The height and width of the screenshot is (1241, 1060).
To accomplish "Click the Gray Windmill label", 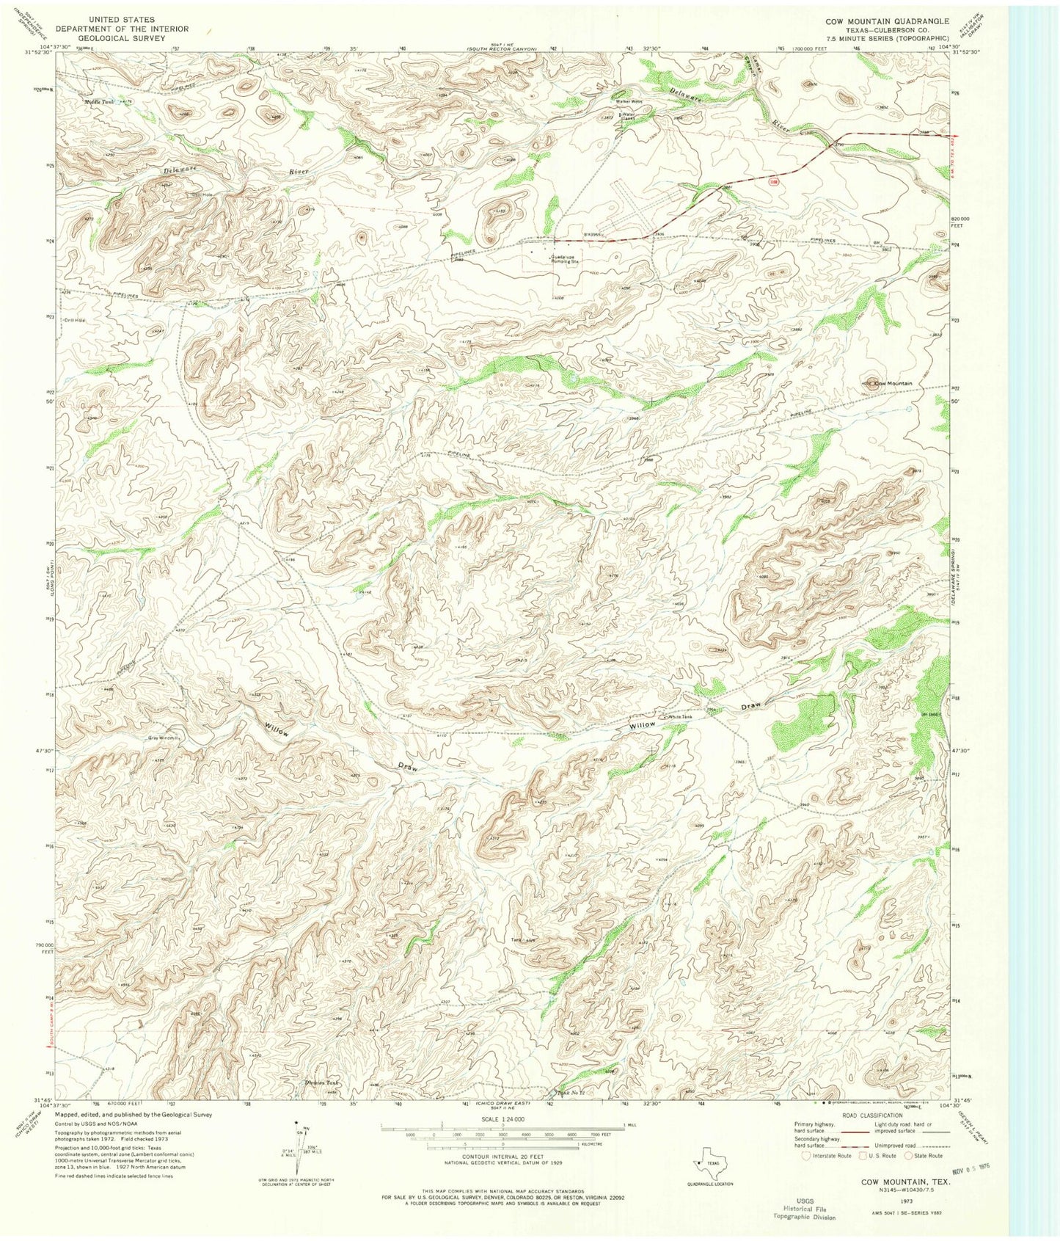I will tap(164, 738).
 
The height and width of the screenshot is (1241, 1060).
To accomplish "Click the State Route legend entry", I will tap(925, 1155).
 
